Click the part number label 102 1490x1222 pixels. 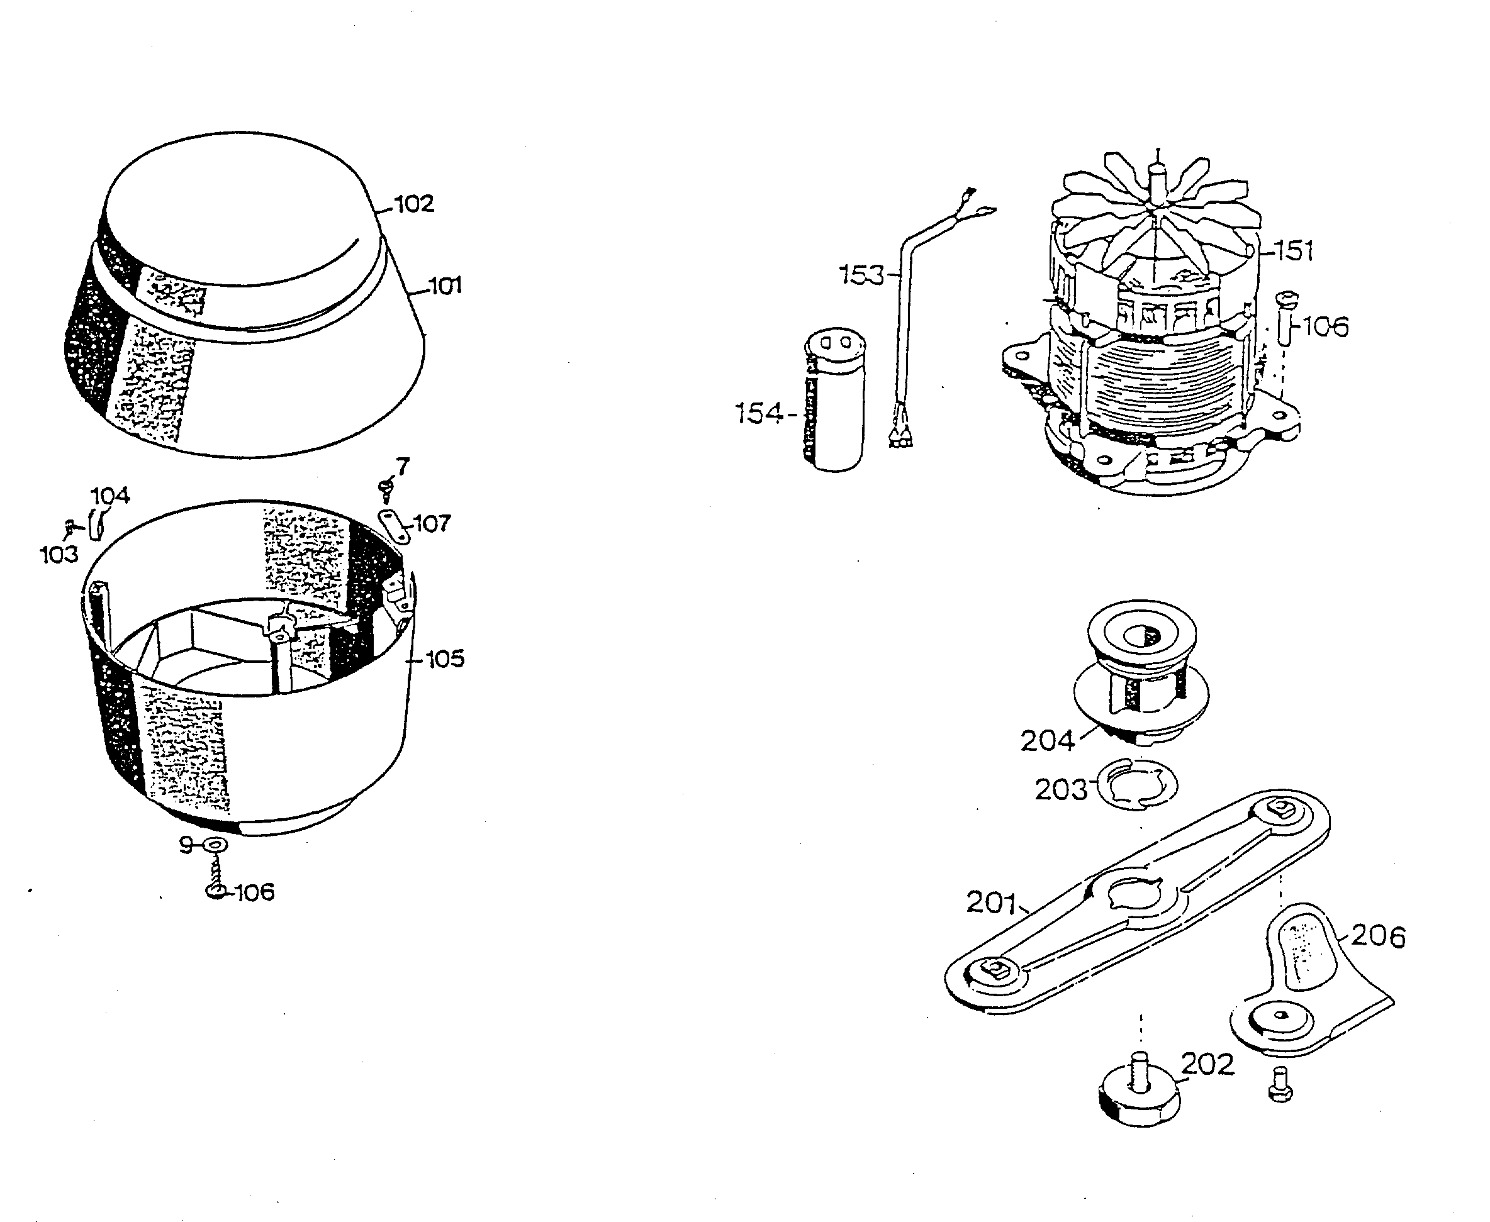(414, 204)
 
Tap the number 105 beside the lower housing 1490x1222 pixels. (445, 659)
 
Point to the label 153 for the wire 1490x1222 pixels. (861, 275)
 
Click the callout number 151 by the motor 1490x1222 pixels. (1294, 250)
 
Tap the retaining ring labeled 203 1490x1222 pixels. (1136, 785)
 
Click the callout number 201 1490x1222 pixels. (990, 903)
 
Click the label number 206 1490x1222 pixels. (1378, 937)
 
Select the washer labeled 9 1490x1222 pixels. (214, 845)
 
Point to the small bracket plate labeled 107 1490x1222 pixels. (395, 526)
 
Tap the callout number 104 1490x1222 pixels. (111, 496)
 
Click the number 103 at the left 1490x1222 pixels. (59, 555)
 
